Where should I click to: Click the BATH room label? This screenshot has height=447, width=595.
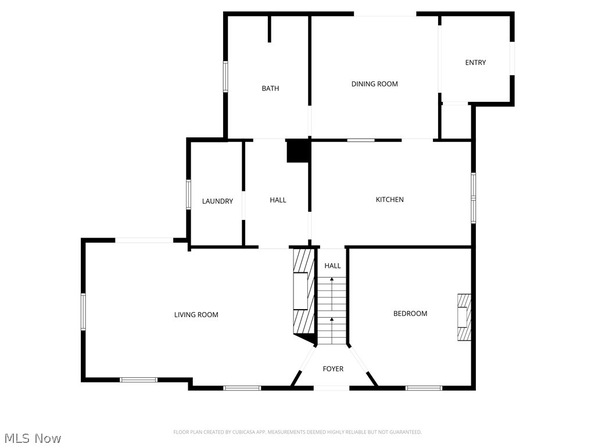point(270,88)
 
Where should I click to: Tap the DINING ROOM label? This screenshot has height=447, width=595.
point(375,84)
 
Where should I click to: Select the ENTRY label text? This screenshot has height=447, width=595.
point(475,63)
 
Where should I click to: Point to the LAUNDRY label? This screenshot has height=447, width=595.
point(217,201)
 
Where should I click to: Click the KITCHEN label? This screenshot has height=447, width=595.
point(389,200)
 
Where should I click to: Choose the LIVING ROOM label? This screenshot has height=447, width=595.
point(196,315)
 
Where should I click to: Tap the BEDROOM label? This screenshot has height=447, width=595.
point(410,314)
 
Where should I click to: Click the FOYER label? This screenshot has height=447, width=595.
point(333,369)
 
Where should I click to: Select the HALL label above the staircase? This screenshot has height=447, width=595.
point(332,266)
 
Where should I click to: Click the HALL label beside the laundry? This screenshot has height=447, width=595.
point(278,200)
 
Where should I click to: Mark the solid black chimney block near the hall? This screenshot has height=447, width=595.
point(299,151)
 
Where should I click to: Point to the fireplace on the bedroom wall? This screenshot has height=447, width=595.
point(464,317)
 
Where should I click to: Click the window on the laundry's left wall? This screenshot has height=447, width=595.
point(188,194)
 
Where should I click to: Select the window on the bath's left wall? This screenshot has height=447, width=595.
point(225,76)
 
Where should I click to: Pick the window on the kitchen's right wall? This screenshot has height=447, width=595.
point(474,198)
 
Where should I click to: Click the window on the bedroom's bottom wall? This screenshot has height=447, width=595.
point(424,388)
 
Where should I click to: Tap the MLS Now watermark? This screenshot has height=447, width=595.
point(32,438)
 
